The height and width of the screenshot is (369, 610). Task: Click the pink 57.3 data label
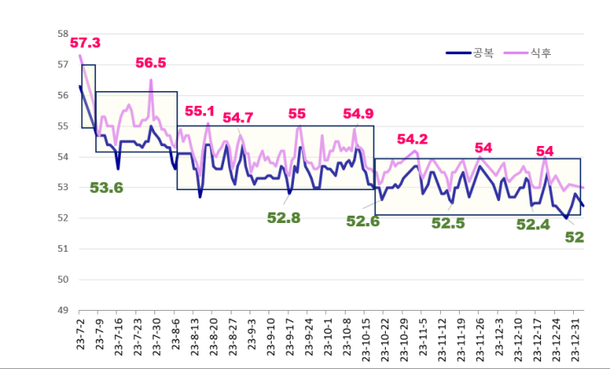(x=85, y=43)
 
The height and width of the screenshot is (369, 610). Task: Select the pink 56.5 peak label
(x=151, y=63)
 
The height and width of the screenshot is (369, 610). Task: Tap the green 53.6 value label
(x=106, y=188)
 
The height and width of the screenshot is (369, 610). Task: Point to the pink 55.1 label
(x=200, y=112)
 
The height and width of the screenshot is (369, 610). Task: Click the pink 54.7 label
(x=238, y=118)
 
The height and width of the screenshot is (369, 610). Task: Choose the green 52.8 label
(x=284, y=217)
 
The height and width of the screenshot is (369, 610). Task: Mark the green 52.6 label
(x=363, y=221)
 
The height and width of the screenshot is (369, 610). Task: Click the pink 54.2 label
(x=412, y=139)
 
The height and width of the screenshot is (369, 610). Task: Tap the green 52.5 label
(x=448, y=222)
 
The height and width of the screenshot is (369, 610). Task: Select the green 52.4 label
(x=532, y=223)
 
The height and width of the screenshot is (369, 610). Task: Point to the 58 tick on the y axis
(x=62, y=34)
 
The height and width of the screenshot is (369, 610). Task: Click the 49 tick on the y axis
(x=62, y=310)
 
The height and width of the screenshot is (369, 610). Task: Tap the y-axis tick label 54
(x=62, y=157)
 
